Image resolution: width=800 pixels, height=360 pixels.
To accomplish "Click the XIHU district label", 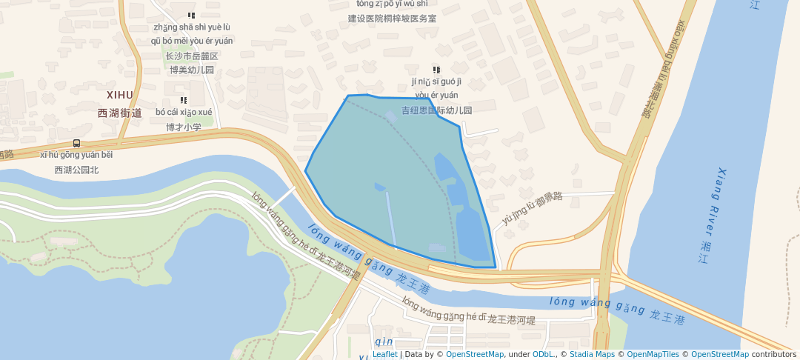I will coord(119,95).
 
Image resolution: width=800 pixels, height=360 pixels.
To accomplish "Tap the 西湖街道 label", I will coord(119,113).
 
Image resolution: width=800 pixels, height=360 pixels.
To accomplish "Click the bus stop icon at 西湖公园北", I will coord(76,144).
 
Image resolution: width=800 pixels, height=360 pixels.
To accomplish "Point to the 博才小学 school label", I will coord(184,127).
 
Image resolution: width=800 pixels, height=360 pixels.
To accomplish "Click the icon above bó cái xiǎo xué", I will coord(183,101).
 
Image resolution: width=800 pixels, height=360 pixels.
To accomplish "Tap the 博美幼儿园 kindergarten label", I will coord(191,70).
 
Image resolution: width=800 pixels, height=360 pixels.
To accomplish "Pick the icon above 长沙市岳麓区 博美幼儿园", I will coord(191,15).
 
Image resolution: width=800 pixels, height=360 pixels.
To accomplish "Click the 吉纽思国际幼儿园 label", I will coord(436,110).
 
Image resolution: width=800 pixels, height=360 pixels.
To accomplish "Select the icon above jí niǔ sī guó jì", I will coord(436,70).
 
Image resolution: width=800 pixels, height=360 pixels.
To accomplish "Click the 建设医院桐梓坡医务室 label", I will coord(392,18).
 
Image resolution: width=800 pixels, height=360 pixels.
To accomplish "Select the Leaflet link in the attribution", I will coord(384,354).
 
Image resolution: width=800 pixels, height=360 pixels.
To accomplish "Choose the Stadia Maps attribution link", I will coord(591,354).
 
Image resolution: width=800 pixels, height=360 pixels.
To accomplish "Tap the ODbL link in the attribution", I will coord(543,354).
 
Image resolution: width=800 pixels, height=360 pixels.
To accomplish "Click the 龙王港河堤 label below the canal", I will coord(511,320).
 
